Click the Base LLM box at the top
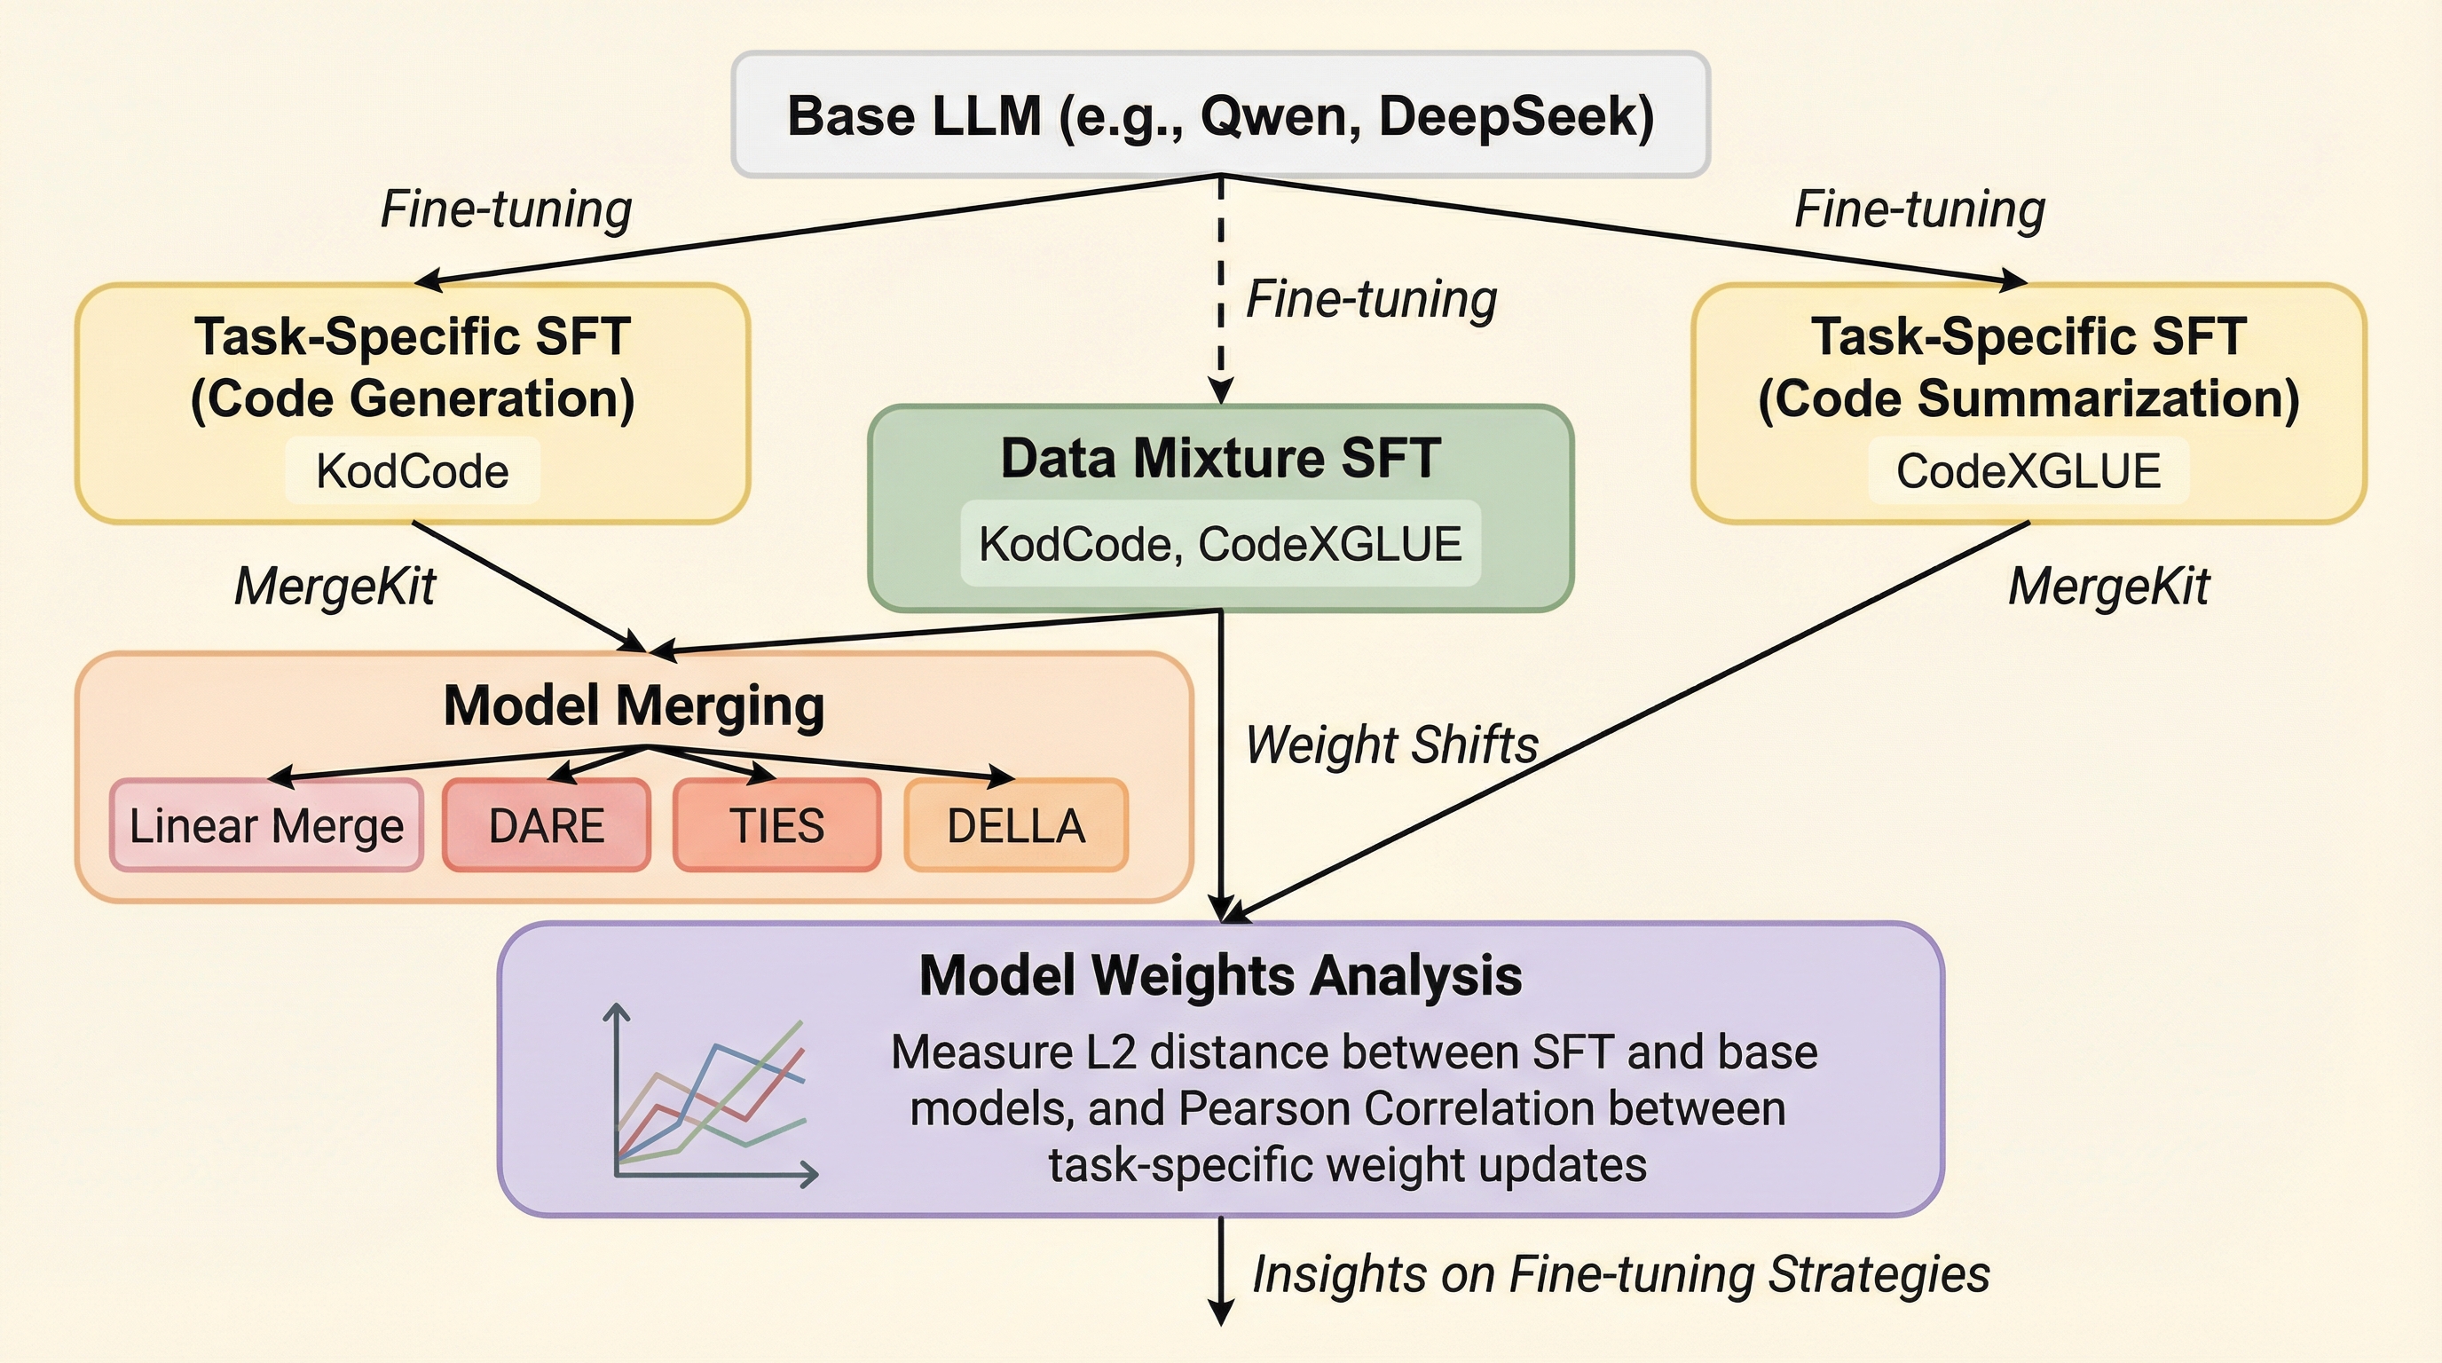(1221, 114)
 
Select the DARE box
(546, 824)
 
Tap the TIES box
(776, 824)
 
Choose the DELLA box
(1016, 824)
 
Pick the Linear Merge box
(266, 824)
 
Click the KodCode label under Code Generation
(413, 471)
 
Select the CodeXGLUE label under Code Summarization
(2028, 471)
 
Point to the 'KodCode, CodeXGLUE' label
(1221, 543)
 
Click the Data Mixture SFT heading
(1221, 458)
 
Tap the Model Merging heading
(634, 706)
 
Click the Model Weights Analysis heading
(1221, 975)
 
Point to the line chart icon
(711, 1095)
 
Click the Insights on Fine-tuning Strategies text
(1621, 1274)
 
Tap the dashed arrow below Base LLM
(1221, 290)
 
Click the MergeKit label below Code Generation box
(335, 587)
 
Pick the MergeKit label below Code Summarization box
(2109, 587)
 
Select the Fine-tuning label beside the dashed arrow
(1372, 300)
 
